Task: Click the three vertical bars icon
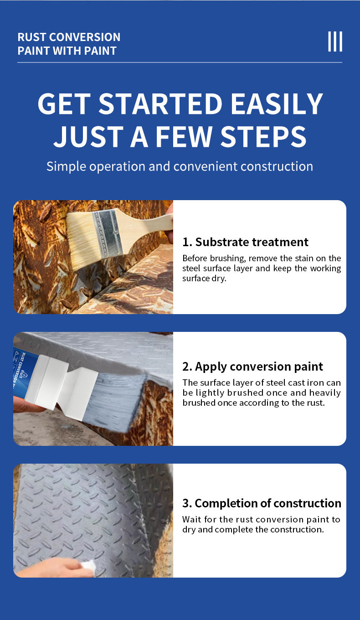click(335, 41)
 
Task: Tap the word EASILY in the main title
click(277, 103)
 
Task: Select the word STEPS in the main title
click(263, 136)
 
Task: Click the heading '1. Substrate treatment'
click(245, 242)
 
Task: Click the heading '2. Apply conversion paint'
click(252, 367)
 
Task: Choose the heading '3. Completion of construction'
click(262, 503)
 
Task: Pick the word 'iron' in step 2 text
click(316, 382)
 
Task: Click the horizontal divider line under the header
click(180, 62)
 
